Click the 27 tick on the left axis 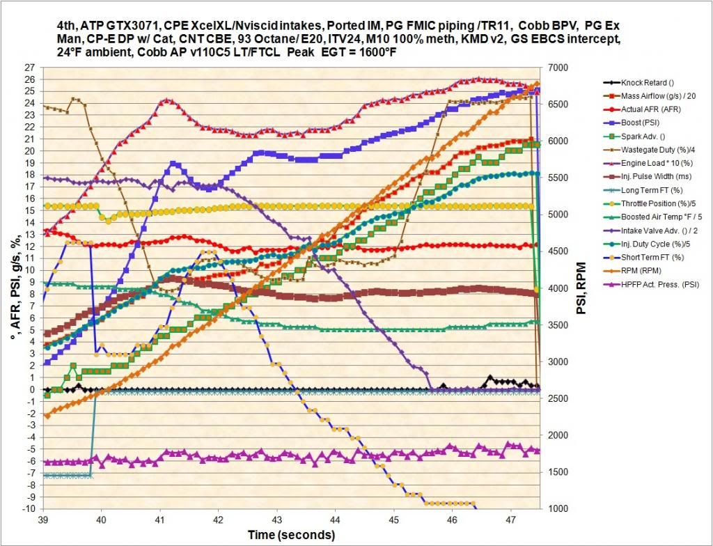click(x=29, y=68)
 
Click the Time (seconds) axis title click(x=291, y=535)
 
